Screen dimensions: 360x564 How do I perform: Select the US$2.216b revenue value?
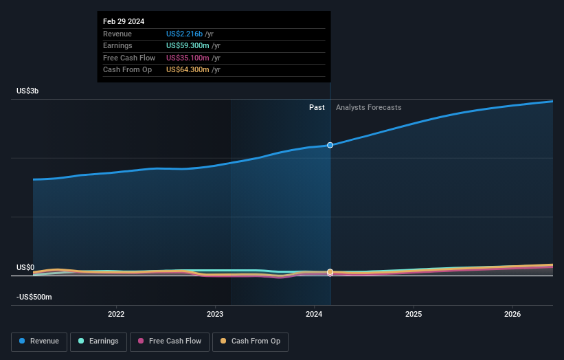pos(184,34)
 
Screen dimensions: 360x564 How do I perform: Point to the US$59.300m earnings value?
pos(188,46)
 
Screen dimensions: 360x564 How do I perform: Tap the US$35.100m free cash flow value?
pos(188,58)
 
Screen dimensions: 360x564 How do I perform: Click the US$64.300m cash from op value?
pos(188,70)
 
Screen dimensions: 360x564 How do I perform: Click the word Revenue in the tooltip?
pos(117,34)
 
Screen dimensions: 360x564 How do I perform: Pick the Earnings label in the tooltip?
pos(117,46)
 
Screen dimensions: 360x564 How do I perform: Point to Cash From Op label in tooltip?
pos(127,70)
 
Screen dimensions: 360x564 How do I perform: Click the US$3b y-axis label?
pos(28,91)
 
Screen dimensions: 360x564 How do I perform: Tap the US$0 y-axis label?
pos(26,267)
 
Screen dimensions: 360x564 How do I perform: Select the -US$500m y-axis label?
pos(34,297)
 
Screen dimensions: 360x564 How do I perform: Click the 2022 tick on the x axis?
pos(116,315)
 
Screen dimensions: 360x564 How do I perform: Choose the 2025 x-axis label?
pos(414,315)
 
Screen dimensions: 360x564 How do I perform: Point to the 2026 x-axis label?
pos(512,315)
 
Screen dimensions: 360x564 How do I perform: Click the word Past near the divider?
pos(317,107)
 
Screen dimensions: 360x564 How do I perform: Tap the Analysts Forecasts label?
pos(368,107)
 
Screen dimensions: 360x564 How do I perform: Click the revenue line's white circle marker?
pos(330,145)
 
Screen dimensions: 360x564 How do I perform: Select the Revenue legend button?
pos(40,341)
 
